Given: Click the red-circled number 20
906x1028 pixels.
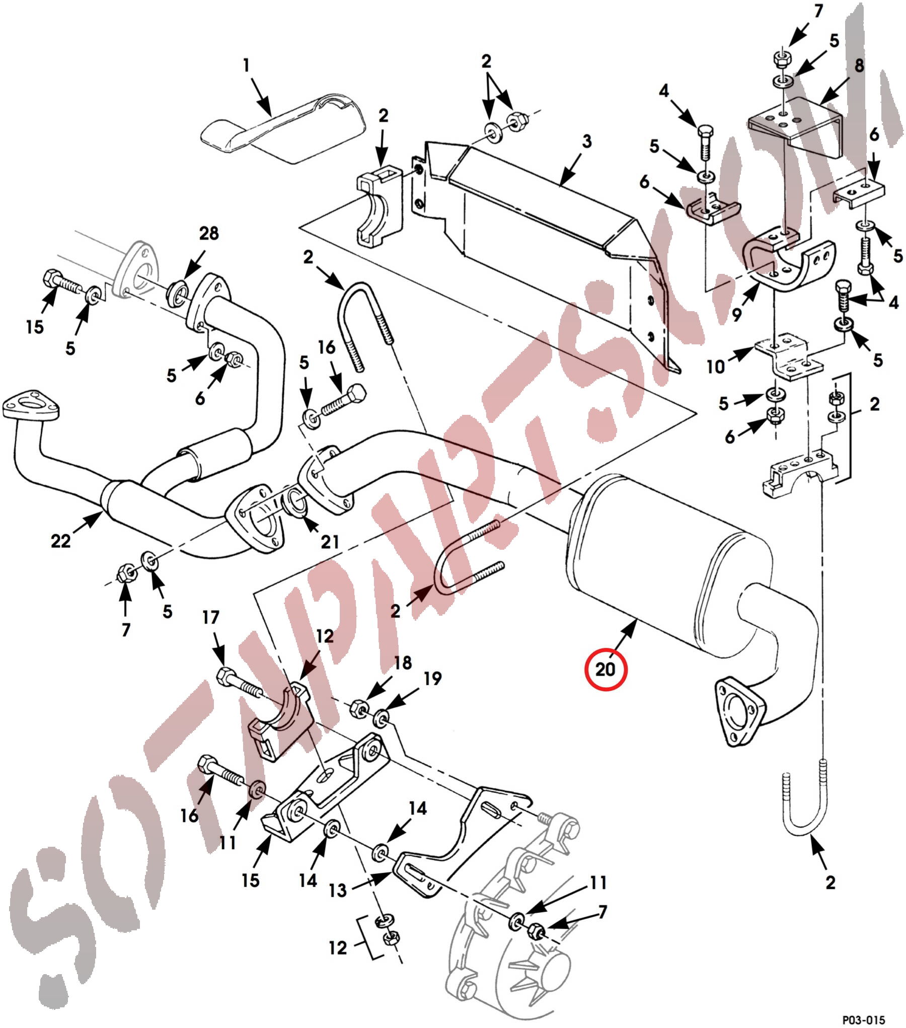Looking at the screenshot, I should click(x=605, y=669).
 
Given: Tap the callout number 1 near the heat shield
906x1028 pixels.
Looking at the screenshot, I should click(x=246, y=65).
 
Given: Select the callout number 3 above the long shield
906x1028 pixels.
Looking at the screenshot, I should click(x=586, y=142).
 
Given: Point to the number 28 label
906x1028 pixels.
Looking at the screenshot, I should click(x=209, y=233).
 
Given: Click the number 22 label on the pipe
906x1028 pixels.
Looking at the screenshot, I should click(x=60, y=541).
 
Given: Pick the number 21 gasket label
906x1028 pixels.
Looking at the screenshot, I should click(x=330, y=542).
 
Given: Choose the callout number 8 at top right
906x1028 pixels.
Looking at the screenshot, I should click(x=859, y=65).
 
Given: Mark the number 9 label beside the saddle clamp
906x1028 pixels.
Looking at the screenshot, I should click(x=736, y=315).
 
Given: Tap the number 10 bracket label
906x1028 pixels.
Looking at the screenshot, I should click(x=715, y=366).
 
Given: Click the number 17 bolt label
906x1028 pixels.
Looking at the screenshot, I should click(x=211, y=617).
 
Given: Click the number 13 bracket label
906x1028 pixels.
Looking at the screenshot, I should click(x=338, y=891).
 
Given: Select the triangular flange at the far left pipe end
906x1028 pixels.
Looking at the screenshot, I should click(x=30, y=404).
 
